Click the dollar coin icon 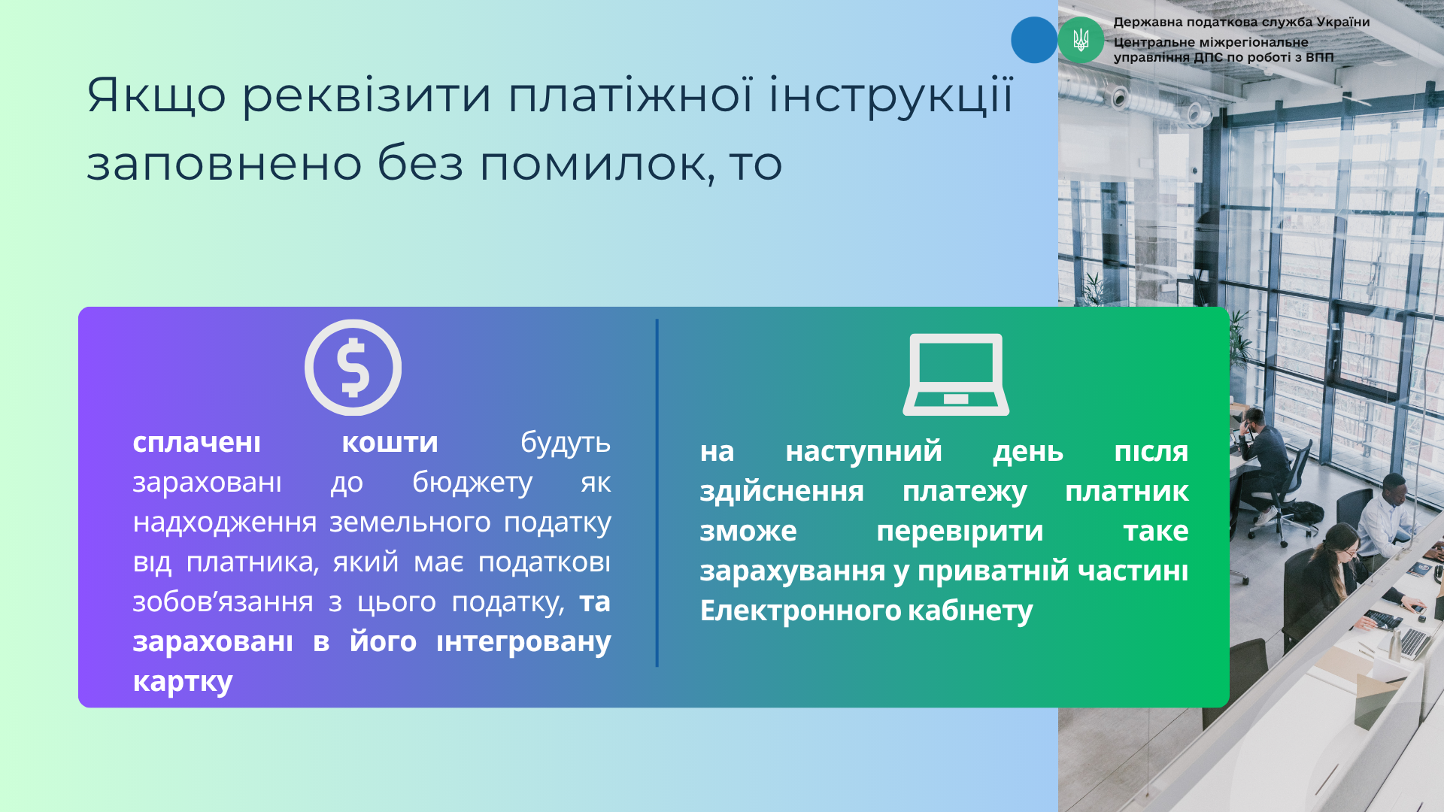coord(353,368)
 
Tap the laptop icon coord(956,374)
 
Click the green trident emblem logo coord(1081,40)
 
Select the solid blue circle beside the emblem coord(1034,40)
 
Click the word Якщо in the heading coord(156,96)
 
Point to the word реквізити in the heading coord(366,96)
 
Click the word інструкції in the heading coord(890,95)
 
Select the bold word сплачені coord(196,443)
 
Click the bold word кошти coord(390,443)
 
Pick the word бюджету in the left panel coord(472,483)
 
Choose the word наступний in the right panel coord(863,451)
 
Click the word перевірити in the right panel coord(960,532)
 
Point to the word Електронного coord(800,611)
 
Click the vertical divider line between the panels coord(657,493)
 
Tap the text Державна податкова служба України coord(1242,23)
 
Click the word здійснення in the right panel coord(781,492)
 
